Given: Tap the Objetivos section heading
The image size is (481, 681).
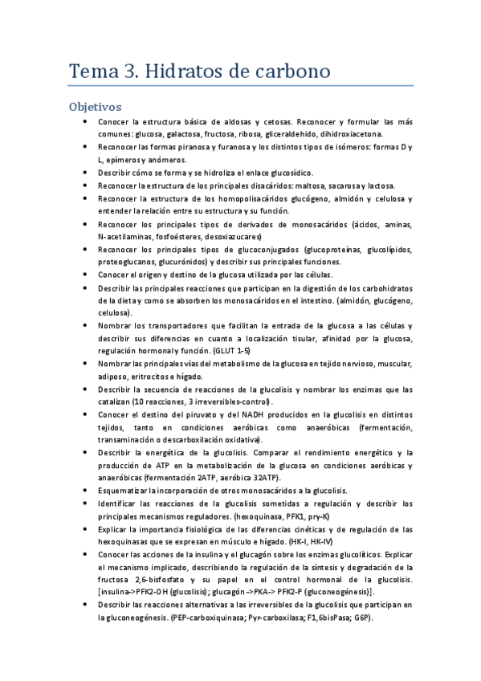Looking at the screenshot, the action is point(95,106).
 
